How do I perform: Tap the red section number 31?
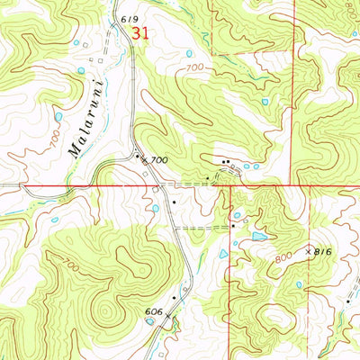139,32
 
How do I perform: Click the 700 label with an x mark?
157,160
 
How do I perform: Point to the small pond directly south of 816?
298,284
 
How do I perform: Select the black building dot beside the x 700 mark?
138,157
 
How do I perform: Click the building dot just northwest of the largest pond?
232,226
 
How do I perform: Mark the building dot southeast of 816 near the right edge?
346,302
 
